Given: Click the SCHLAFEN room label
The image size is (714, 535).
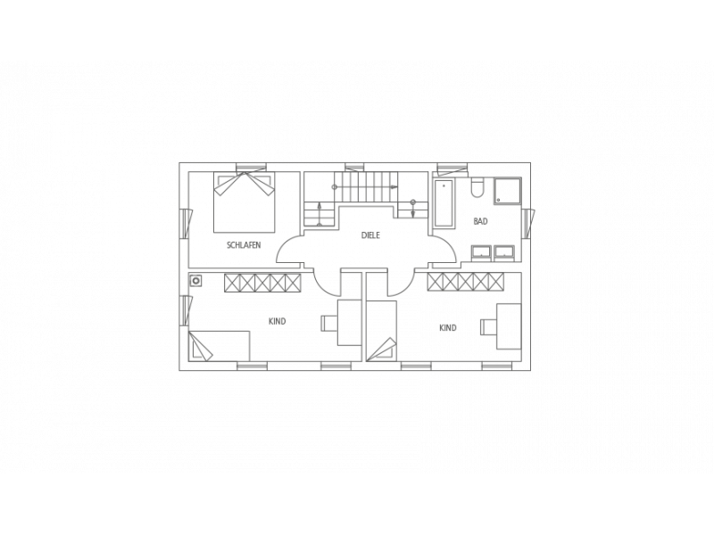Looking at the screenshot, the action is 244,245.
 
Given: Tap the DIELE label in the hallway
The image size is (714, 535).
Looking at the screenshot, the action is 370,235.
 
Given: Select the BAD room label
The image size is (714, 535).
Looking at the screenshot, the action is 480,221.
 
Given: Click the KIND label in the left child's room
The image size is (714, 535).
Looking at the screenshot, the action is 277,322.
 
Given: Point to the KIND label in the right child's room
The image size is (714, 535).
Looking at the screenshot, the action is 448,328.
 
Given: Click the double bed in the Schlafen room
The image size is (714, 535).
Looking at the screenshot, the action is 245,202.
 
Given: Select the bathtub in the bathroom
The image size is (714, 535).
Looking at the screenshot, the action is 444,203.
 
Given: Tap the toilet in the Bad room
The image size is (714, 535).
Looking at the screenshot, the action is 477,187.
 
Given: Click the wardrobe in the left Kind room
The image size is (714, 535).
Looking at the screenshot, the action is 262,283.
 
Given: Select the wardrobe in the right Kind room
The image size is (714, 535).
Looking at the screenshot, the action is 465,281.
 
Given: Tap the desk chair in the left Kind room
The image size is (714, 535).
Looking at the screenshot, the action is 328,323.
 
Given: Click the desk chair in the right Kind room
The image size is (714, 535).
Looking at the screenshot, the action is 488,327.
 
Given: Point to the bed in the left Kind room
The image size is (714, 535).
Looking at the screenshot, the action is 219,346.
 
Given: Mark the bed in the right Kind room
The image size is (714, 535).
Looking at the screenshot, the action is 381,331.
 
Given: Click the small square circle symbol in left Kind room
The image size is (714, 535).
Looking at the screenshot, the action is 196,280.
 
